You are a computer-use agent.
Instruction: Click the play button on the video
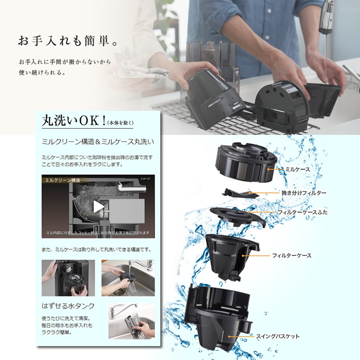[x=98, y=206]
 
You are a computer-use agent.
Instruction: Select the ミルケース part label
[x=298, y=169]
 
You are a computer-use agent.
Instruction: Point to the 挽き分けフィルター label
[x=304, y=192]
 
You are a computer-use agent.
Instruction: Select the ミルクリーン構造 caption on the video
[x=60, y=180]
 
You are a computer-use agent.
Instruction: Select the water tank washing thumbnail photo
[x=131, y=321]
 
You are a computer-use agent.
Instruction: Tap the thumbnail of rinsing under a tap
[x=127, y=278]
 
